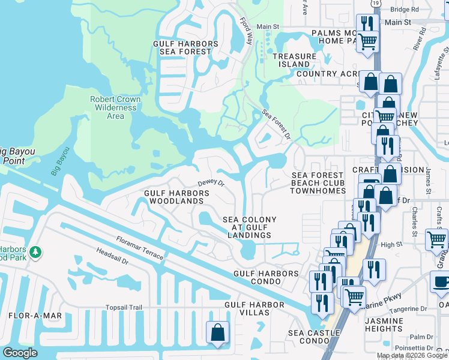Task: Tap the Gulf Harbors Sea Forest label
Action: coord(185,48)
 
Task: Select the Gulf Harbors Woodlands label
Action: coord(176,197)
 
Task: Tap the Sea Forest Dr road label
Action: coord(276,125)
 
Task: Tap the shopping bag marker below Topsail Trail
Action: coord(217,332)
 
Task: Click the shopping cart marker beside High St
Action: coord(436,239)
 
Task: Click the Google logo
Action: coord(20,353)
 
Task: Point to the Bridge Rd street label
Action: coord(404,10)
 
